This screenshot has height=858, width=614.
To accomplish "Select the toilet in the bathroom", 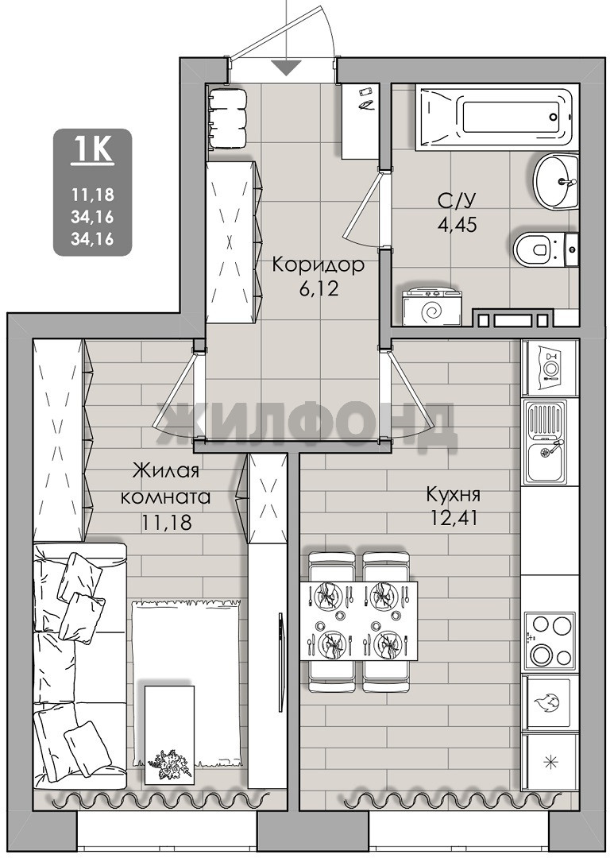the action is [x=546, y=249].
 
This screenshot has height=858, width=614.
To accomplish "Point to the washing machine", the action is [x=431, y=307].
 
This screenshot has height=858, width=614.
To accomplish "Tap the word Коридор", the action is [x=318, y=266].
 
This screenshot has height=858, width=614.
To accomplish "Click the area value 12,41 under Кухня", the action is [x=454, y=517].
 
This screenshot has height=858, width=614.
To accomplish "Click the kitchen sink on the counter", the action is [x=546, y=443].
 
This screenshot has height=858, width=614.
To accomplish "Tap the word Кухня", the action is [x=454, y=495].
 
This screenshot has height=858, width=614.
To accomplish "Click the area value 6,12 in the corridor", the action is [x=319, y=288].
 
